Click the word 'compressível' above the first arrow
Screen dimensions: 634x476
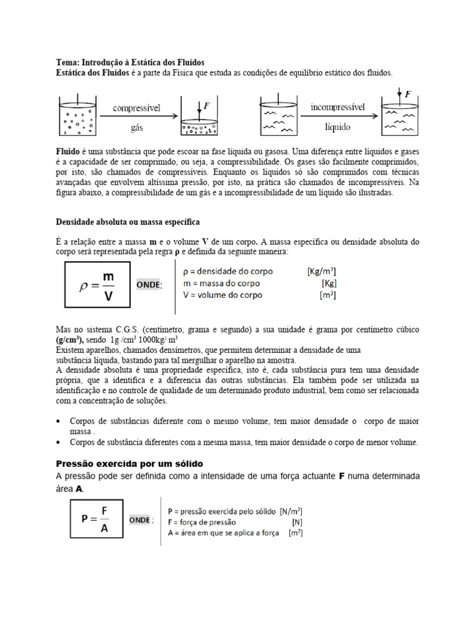[136, 107]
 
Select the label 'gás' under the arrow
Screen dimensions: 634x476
[136, 126]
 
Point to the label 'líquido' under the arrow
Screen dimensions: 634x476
[338, 126]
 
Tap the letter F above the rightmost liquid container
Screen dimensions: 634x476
[408, 95]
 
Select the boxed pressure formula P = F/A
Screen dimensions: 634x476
[94, 520]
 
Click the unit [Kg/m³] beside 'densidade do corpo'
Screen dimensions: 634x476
[322, 271]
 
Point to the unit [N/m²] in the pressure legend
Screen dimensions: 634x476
[291, 511]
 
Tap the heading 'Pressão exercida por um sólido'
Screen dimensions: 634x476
[130, 463]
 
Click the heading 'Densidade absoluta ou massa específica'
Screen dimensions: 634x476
[128, 221]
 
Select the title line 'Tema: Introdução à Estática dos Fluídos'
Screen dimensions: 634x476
[130, 63]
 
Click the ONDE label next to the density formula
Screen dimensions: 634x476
[149, 284]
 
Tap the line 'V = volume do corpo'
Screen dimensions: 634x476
[223, 295]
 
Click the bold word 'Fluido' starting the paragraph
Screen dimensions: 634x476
[68, 150]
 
